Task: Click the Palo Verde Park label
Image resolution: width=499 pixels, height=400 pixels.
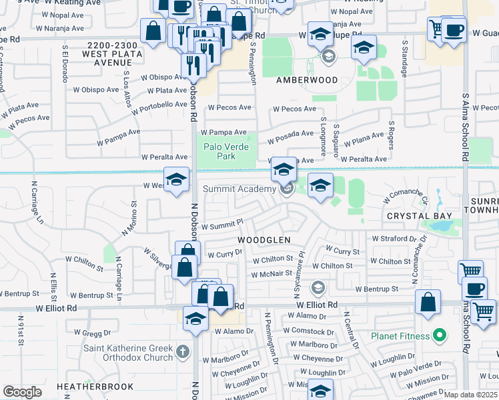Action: (220, 151)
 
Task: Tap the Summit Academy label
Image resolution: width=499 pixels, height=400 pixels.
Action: (239, 189)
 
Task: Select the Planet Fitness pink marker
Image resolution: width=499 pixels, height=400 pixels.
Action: (439, 335)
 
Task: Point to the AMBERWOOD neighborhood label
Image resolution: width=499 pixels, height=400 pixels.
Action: (307, 80)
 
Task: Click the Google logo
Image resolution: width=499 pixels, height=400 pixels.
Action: (22, 392)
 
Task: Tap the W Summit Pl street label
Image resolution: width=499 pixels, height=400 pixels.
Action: (222, 227)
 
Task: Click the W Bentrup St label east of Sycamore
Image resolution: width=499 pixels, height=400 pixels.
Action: (376, 289)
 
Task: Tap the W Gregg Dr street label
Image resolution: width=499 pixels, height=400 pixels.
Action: (95, 332)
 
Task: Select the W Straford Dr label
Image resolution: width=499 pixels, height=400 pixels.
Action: (394, 238)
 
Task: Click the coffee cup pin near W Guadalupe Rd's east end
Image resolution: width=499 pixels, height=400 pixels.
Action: (454, 30)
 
